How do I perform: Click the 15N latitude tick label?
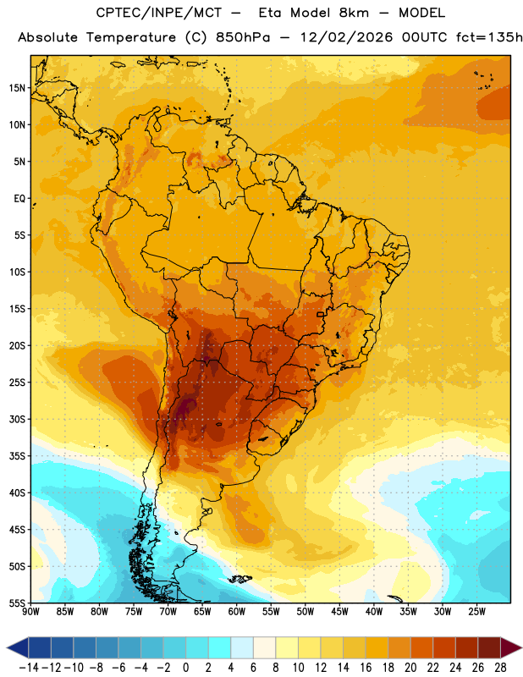tap(17, 88)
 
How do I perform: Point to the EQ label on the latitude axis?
tap(19, 199)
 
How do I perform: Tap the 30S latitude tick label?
tap(17, 419)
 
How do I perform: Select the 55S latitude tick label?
tap(17, 603)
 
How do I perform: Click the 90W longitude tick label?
tap(30, 612)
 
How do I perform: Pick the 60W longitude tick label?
tap(237, 612)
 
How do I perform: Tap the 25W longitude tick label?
tap(476, 612)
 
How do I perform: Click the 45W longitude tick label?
tap(339, 612)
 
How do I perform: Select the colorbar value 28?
tap(500, 668)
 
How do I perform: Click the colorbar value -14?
tap(29, 668)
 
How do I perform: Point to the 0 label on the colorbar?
tap(185, 668)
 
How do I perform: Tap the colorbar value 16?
tap(366, 668)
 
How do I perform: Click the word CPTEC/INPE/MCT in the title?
tap(159, 13)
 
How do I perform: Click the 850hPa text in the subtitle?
tap(243, 37)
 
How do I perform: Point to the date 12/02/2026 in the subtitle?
tap(346, 37)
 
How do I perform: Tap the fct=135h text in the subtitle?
tap(489, 37)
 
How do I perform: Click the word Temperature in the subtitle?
tap(131, 37)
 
